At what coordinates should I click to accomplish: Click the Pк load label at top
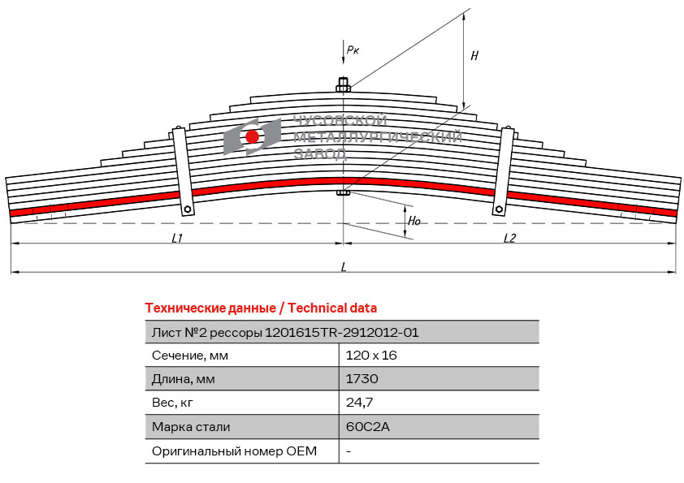click(x=353, y=50)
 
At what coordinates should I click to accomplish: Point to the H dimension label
click(x=474, y=56)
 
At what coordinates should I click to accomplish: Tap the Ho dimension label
click(x=414, y=220)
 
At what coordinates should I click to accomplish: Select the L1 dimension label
click(x=177, y=238)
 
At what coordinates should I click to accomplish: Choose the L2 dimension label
click(x=509, y=238)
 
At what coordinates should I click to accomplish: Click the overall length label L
click(x=344, y=266)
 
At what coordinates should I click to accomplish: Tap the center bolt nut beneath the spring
click(x=344, y=193)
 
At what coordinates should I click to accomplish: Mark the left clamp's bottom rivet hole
click(x=188, y=209)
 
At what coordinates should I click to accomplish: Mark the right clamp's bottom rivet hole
click(x=499, y=209)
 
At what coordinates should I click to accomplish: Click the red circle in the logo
click(x=253, y=136)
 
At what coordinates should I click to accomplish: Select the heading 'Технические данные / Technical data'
click(x=261, y=308)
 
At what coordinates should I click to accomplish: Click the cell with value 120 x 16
click(x=370, y=355)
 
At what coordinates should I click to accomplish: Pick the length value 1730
click(x=361, y=378)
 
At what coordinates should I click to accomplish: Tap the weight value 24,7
click(x=359, y=402)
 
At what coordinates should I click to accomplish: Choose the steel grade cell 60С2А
click(x=368, y=426)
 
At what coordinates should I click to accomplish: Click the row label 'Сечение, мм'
click(x=190, y=355)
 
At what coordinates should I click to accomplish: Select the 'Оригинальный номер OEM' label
click(x=234, y=451)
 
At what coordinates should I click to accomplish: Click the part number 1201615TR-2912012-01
click(x=342, y=331)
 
